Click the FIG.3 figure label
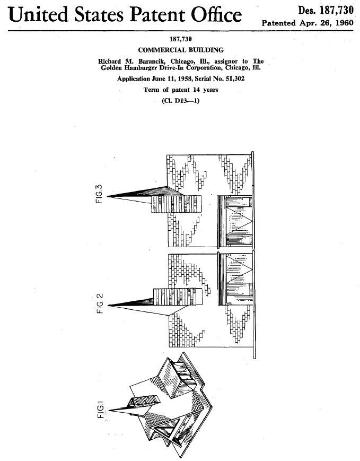coord(99,194)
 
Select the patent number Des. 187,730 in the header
coord(326,10)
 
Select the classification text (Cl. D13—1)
coord(181,101)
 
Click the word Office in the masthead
coord(216,15)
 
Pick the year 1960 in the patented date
coord(344,23)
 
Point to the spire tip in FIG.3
coord(107,196)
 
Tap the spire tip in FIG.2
coord(109,306)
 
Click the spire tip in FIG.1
coord(110,411)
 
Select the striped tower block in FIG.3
coord(177,204)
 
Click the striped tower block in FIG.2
coord(178,297)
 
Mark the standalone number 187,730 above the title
coord(181,39)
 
